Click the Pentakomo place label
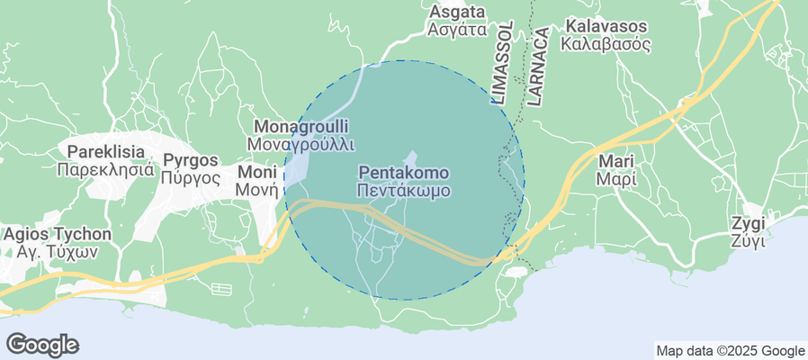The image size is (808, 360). [x=403, y=172]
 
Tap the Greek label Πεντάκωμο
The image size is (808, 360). [x=403, y=191]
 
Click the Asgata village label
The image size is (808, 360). [x=458, y=12]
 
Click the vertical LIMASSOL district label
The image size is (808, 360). [x=499, y=65]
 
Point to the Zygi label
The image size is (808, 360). [x=748, y=223]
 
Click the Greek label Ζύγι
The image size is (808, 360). [x=748, y=241]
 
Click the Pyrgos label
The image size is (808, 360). [x=192, y=160]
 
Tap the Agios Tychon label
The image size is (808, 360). [x=58, y=234]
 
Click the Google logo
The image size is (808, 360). [x=42, y=344]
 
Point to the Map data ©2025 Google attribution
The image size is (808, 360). [x=730, y=351]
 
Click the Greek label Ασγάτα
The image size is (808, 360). [x=458, y=30]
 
